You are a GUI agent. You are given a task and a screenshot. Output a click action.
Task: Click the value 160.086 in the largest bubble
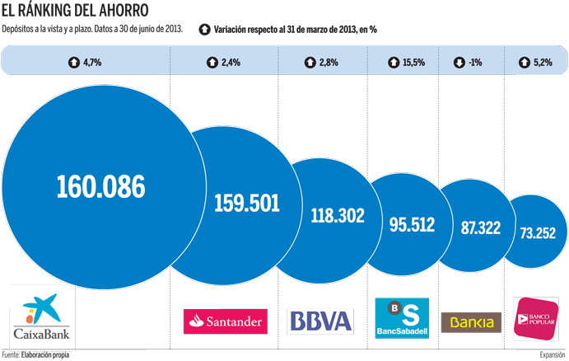[x=100, y=186]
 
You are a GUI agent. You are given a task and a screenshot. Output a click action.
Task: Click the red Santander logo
[x=226, y=320]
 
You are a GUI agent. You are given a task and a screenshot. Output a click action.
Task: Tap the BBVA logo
[x=319, y=321]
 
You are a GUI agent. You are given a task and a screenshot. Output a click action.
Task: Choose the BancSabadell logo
[x=402, y=317]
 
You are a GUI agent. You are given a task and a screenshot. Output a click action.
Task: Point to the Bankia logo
[x=472, y=321]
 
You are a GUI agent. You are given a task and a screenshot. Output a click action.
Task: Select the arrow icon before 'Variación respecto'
[x=205, y=30]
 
